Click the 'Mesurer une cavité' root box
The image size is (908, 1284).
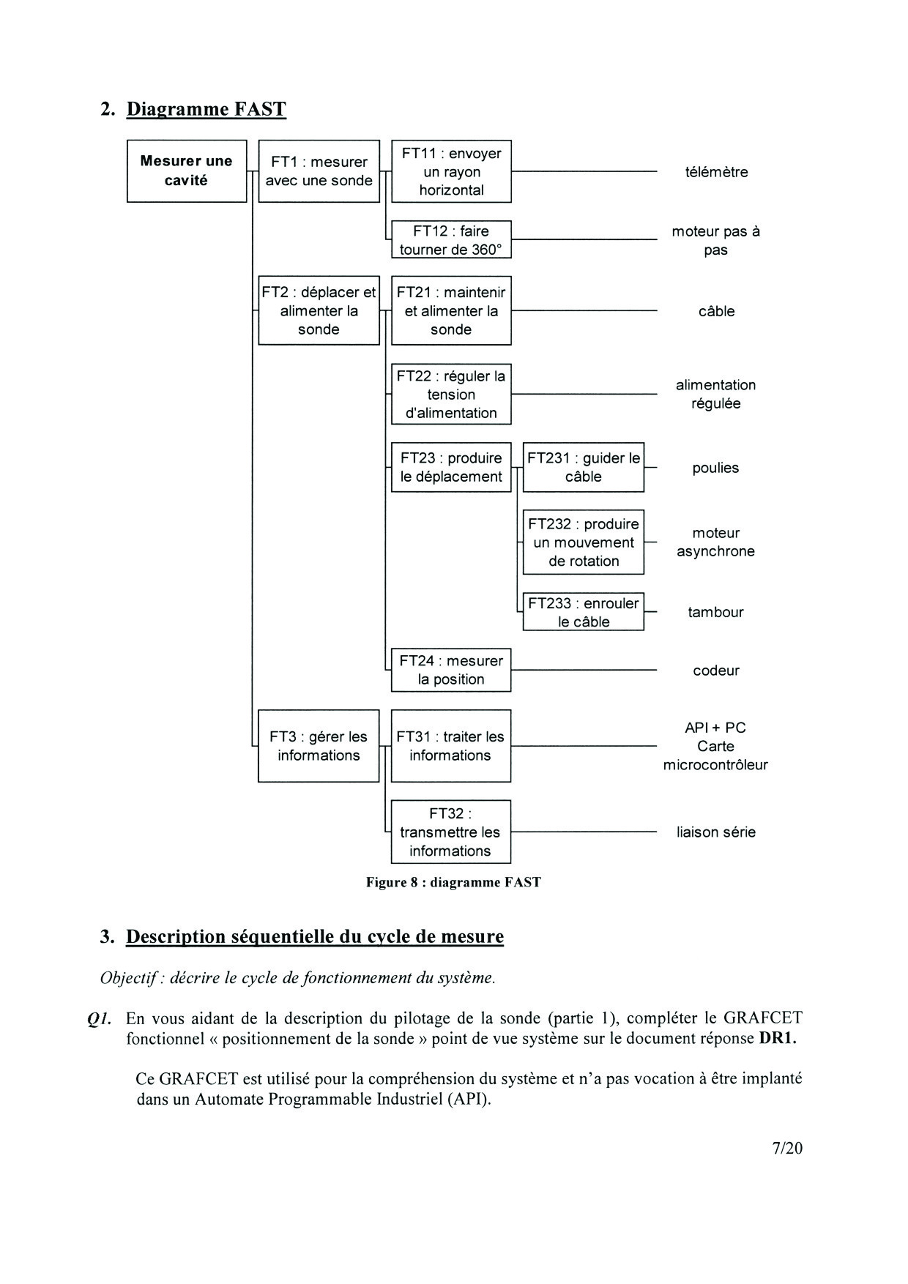point(187,171)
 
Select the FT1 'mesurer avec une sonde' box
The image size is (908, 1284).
point(319,171)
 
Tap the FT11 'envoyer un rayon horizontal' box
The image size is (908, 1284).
point(451,171)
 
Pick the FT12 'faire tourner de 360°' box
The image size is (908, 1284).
point(451,239)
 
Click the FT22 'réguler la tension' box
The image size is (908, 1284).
point(451,394)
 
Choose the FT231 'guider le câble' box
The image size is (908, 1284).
point(583,467)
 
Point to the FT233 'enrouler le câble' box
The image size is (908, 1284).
point(583,612)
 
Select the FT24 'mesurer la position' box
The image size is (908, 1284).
point(451,670)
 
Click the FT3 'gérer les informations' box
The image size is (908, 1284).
point(319,746)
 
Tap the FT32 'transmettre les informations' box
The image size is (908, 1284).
point(451,832)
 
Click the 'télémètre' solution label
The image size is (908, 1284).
point(716,172)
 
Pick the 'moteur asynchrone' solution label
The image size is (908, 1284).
point(715,542)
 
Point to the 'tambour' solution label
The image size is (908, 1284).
point(715,612)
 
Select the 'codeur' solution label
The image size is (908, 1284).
point(716,671)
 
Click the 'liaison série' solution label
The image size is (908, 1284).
point(715,832)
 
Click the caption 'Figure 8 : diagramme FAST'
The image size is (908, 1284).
point(453,882)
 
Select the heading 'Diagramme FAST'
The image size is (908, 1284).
point(206,109)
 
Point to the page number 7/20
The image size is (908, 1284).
point(787,1148)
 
